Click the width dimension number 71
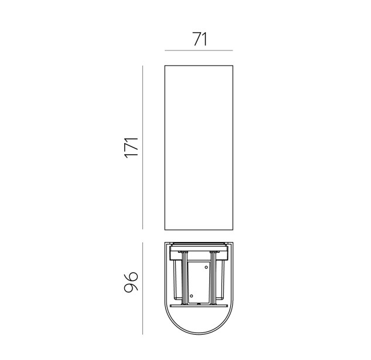[x=200, y=39]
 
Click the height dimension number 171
[x=131, y=147]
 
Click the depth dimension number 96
[x=131, y=282]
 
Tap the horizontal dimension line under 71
[x=199, y=50]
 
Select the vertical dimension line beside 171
[x=142, y=147]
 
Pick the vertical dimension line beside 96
[x=142, y=288]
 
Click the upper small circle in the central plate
[x=206, y=267]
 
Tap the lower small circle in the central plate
[x=192, y=296]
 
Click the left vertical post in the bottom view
[x=184, y=279]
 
